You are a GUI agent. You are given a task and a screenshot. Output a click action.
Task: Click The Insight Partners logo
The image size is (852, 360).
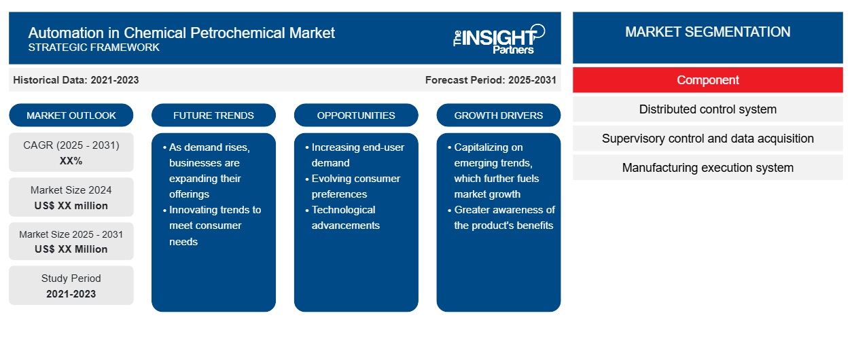click(499, 39)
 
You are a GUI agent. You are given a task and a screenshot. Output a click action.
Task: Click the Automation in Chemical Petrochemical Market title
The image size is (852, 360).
click(181, 33)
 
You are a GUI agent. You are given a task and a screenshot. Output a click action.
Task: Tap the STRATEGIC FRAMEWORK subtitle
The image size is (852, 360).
click(94, 48)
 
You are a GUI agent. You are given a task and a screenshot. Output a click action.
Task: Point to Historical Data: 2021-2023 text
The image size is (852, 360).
click(76, 80)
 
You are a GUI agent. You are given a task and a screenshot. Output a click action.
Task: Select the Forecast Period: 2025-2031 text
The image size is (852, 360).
click(491, 80)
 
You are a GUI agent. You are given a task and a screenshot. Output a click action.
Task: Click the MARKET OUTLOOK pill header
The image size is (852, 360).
click(71, 115)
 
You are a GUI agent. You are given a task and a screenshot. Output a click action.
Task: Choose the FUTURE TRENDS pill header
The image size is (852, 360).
click(213, 115)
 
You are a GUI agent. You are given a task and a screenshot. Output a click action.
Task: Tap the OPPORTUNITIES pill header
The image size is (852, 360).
click(356, 115)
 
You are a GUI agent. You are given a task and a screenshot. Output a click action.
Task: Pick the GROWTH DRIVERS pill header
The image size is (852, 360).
click(498, 115)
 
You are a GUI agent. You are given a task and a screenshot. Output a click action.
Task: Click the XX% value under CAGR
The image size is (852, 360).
click(71, 161)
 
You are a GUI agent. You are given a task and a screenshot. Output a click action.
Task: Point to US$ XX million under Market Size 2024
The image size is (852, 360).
click(71, 206)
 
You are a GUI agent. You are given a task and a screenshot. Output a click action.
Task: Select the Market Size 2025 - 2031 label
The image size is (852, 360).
click(71, 234)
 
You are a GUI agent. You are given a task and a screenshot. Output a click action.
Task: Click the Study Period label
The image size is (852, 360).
click(71, 278)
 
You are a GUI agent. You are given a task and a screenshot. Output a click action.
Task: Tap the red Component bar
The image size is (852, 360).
click(708, 80)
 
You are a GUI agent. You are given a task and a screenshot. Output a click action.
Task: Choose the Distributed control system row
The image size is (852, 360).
click(708, 109)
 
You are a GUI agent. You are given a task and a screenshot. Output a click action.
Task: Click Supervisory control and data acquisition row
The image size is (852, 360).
click(708, 139)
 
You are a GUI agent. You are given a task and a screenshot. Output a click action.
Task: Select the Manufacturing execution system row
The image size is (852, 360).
click(708, 167)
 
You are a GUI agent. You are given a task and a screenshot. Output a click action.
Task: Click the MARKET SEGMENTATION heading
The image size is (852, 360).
click(708, 32)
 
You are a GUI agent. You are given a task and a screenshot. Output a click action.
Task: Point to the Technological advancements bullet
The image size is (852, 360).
click(342, 217)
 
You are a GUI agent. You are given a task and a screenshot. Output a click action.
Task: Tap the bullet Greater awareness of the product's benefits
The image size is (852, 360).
click(501, 217)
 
